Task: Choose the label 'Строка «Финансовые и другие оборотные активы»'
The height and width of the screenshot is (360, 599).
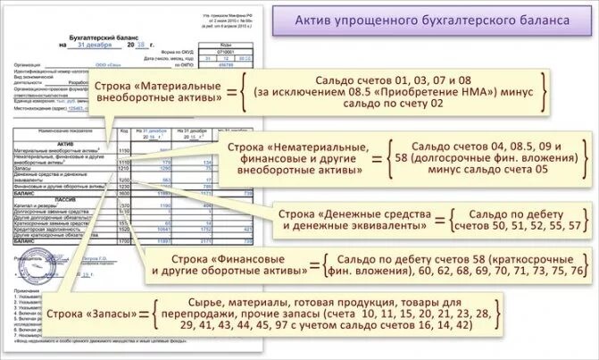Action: pos(234,265)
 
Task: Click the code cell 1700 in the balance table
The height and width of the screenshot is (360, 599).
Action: pos(125,241)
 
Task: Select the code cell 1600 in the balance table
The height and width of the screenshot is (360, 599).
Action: pos(125,192)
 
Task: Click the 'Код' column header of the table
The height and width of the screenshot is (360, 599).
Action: pos(125,131)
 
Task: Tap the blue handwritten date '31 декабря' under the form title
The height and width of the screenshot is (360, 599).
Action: pos(95,44)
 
